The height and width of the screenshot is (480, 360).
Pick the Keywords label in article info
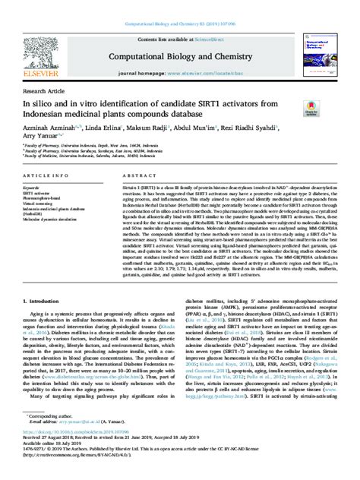(x=31, y=187)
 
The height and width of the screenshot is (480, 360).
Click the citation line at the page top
(x=179, y=5)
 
